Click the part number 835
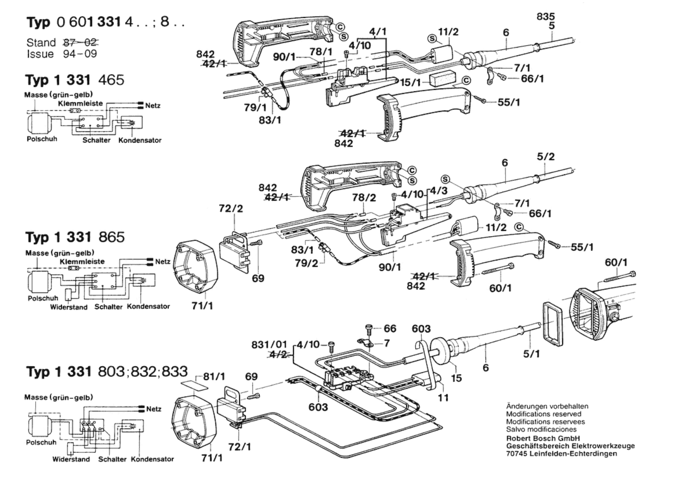(546, 16)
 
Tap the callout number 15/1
(410, 82)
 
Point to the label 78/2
(364, 197)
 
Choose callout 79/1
(255, 107)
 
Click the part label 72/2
(231, 208)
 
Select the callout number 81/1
(214, 376)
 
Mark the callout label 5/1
(531, 354)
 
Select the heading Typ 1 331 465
(75, 80)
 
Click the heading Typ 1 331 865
(75, 237)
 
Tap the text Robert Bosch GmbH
(543, 438)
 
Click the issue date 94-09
(80, 54)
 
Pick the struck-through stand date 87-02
(80, 42)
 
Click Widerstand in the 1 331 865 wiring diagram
(69, 307)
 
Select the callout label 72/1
(240, 447)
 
